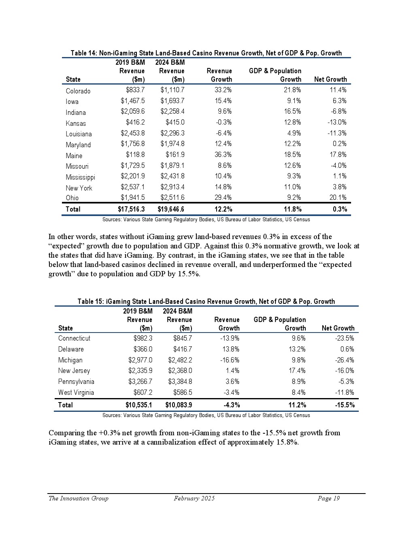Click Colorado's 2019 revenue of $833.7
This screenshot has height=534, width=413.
135,90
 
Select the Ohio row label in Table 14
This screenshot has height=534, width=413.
72,197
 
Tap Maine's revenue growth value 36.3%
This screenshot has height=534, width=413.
223,155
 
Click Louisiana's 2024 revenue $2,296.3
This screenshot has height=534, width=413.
172,133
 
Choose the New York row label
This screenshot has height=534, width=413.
79,188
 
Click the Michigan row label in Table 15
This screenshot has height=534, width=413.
70,360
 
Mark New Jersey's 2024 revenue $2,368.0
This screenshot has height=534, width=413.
180,371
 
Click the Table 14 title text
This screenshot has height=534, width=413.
206,53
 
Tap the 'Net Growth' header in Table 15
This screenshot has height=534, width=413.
338,328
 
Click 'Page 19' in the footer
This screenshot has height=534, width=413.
328,498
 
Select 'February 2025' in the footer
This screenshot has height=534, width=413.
194,498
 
